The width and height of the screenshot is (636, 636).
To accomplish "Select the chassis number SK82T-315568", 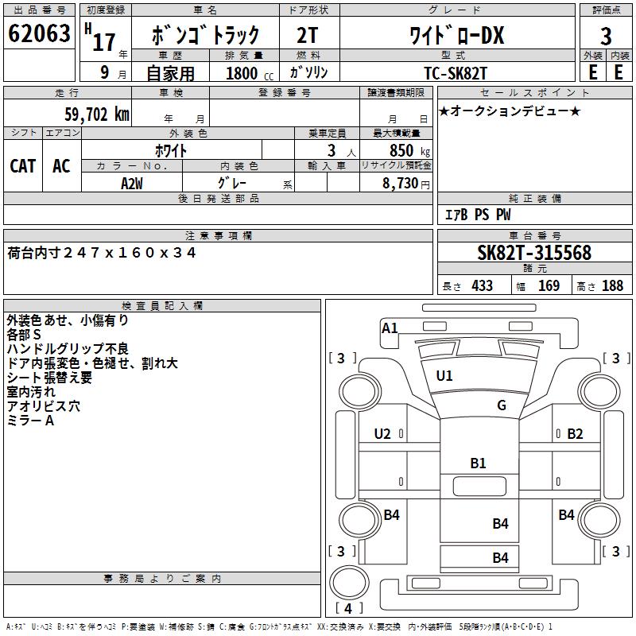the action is coord(534,254).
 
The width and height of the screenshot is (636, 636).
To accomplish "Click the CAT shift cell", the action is coord(23,166).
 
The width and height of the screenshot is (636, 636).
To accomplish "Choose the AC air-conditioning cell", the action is coord(61,166).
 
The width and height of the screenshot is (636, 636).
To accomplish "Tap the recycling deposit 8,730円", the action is coord(406,183).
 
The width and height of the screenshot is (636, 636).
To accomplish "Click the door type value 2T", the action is coord(308,36).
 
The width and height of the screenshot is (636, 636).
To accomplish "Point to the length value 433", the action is coord(479,285).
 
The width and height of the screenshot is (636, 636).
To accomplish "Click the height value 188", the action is coord(612,285).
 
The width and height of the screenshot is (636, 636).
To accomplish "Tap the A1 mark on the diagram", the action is coord(390,328).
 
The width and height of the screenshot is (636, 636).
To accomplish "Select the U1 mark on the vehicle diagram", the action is coord(444,375).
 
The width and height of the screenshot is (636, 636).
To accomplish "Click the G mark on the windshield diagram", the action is coord(502,405).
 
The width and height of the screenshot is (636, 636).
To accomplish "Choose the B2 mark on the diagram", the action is coord(576,433).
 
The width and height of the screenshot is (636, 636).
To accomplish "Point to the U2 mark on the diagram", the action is coord(382,433).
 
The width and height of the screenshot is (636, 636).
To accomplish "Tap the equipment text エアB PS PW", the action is coord(478,215).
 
